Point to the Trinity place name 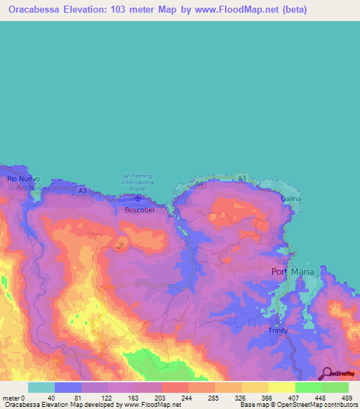(x=278, y=330)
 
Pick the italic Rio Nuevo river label (x=32, y=188)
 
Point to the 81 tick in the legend (x=77, y=397)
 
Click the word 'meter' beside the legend (x=10, y=397)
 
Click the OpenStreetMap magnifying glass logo (x=326, y=374)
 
